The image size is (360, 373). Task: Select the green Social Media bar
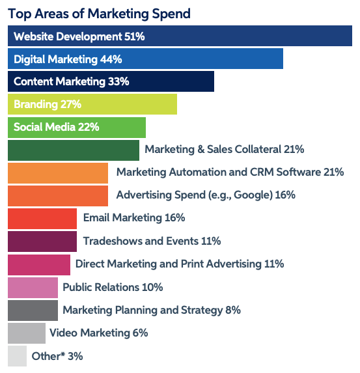pyautogui.click(x=76, y=128)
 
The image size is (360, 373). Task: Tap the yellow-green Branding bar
pyautogui.click(x=92, y=104)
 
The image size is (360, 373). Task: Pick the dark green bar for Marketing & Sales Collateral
pyautogui.click(x=73, y=150)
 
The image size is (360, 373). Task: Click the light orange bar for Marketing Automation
pyautogui.click(x=57, y=173)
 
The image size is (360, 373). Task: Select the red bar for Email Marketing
pyautogui.click(x=42, y=218)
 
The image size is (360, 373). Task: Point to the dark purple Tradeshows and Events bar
pyautogui.click(x=42, y=241)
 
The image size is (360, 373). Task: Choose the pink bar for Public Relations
pyautogui.click(x=33, y=287)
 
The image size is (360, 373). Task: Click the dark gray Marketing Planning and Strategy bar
pyautogui.click(x=33, y=310)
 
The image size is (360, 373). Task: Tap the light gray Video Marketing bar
pyautogui.click(x=26, y=333)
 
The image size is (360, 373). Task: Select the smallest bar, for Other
pyautogui.click(x=17, y=356)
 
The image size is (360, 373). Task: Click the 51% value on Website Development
pyautogui.click(x=134, y=36)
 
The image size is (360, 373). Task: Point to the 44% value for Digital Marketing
pyautogui.click(x=111, y=59)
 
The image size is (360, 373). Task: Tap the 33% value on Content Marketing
pyautogui.click(x=118, y=82)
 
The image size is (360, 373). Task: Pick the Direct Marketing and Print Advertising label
pyautogui.click(x=180, y=264)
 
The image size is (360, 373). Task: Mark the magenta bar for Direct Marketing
pyautogui.click(x=38, y=264)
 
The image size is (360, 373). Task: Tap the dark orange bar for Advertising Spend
pyautogui.click(x=57, y=195)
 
